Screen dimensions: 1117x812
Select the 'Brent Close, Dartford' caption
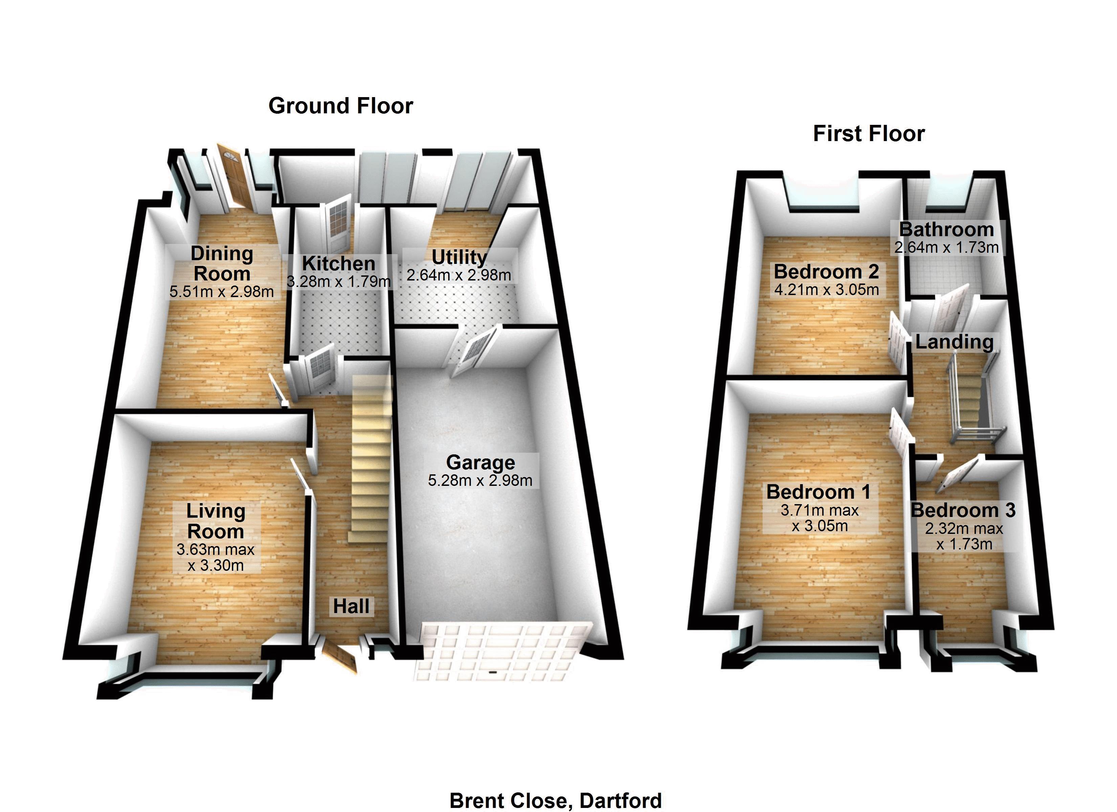(555, 800)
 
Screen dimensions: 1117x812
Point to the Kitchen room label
(338, 264)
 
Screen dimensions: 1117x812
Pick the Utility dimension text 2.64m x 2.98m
(459, 275)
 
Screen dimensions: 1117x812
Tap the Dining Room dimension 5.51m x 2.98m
(222, 292)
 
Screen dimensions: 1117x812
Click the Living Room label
(216, 521)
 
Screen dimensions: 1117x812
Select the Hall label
(351, 606)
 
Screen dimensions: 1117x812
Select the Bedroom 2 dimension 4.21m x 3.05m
(827, 290)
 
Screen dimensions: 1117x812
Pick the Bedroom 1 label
(818, 492)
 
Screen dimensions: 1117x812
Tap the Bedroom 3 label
(963, 510)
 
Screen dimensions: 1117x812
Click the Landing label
(954, 342)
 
